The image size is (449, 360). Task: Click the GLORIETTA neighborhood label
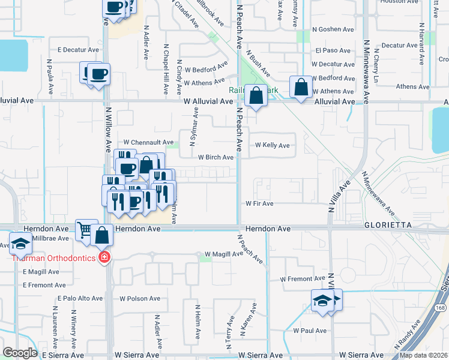point(387,224)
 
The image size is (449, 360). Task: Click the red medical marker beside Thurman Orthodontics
point(104,257)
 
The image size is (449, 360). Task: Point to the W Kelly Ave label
point(273,145)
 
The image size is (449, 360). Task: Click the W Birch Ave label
point(215,157)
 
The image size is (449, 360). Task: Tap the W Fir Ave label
point(259,204)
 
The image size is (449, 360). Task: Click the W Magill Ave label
point(223,254)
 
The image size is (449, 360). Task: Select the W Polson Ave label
point(140,298)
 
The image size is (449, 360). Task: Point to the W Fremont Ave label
point(303,279)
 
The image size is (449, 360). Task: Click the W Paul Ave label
point(310,331)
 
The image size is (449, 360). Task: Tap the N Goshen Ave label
point(333,29)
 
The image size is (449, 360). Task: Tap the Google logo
point(20,353)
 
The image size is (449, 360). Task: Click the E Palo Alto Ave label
point(80,298)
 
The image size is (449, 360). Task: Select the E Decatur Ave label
point(77,50)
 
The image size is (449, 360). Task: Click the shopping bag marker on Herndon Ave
point(103,235)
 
